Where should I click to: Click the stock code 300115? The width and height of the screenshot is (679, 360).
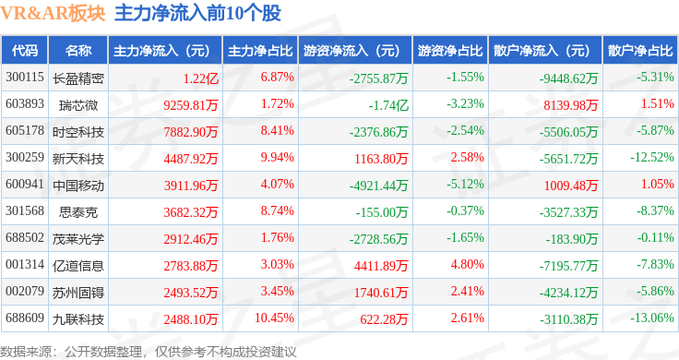[x=25, y=78]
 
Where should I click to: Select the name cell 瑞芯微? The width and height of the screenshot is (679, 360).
[x=78, y=105]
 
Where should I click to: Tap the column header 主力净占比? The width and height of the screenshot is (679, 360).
[x=260, y=51]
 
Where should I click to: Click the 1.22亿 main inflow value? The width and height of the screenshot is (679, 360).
[x=200, y=78]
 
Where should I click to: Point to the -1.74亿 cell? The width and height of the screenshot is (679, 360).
[x=388, y=105]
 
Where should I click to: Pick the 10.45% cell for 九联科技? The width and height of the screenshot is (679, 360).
[x=274, y=318]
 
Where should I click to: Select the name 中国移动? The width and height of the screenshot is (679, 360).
[x=78, y=186]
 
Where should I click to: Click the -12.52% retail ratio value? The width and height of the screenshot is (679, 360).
[x=652, y=157]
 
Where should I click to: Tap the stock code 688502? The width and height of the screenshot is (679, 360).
[x=25, y=238]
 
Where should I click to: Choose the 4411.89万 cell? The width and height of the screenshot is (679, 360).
[x=381, y=266]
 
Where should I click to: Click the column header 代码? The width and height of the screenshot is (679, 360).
[x=25, y=51]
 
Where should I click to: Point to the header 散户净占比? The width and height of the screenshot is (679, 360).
[x=640, y=51]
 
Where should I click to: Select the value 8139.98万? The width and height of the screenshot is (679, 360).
[x=571, y=105]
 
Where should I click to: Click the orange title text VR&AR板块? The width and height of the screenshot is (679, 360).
[x=53, y=14]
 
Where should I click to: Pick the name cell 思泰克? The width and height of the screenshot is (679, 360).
[x=78, y=212]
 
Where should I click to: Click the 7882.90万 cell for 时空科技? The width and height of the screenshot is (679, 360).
[x=191, y=132]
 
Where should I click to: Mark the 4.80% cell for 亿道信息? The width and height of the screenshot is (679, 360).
[x=467, y=264]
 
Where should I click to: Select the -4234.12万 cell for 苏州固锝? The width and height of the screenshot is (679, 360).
[x=568, y=293]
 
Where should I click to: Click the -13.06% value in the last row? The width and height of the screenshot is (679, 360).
[x=652, y=318]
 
